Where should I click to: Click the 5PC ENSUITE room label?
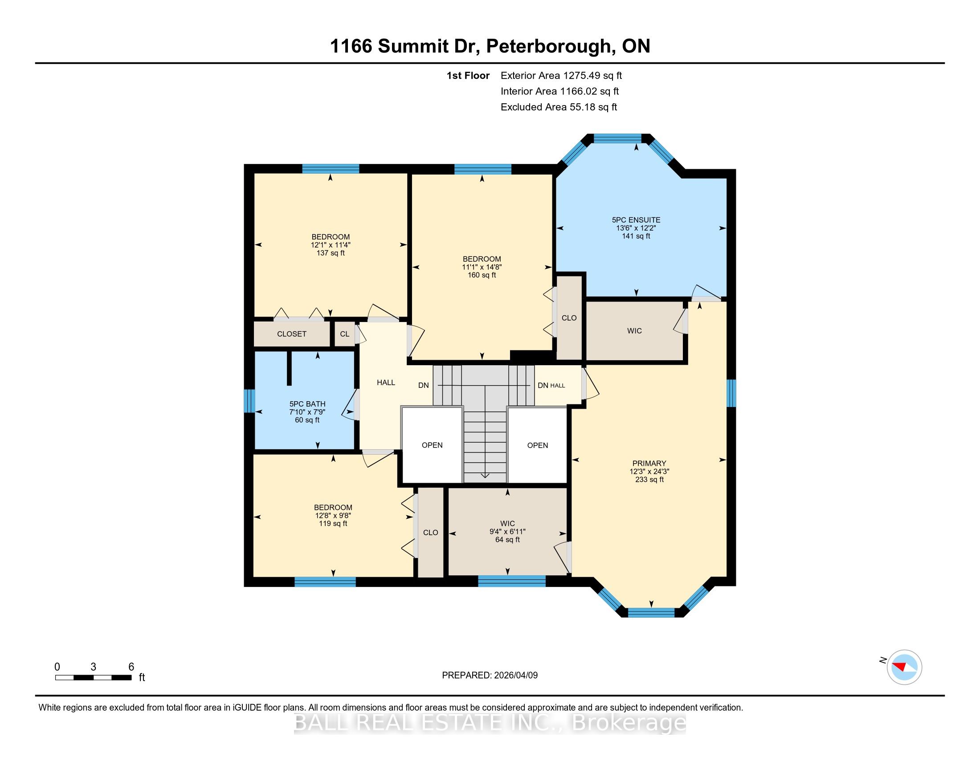[x=636, y=220]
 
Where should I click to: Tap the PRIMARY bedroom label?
[x=649, y=463]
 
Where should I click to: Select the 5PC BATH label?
[x=307, y=404]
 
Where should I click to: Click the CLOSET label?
[x=292, y=334]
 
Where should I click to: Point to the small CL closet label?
[x=345, y=334]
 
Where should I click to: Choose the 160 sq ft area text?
[x=482, y=275]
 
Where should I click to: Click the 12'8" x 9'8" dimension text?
[x=333, y=516]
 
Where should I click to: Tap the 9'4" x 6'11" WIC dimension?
[x=507, y=532]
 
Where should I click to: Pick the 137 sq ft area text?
[x=331, y=253]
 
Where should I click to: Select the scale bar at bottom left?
[x=94, y=677]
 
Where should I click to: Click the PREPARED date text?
[x=490, y=675]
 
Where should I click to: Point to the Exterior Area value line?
[x=561, y=75]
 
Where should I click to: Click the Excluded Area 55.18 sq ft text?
[x=559, y=107]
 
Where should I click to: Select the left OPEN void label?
[x=432, y=445]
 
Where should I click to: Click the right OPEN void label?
[x=538, y=445]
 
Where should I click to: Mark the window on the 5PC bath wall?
[x=249, y=400]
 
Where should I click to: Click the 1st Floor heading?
[x=468, y=75]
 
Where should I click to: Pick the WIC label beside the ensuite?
[x=634, y=331]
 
